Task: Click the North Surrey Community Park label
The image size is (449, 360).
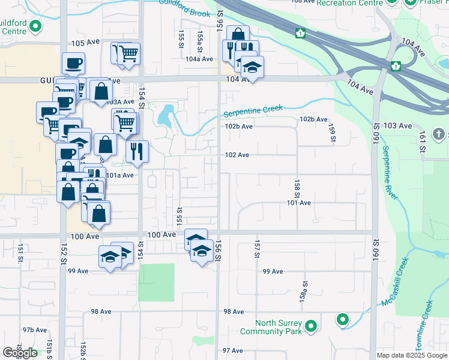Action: coord(271,327)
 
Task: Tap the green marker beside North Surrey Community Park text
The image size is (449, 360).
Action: coord(311,326)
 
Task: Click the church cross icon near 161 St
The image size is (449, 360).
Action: coord(439,134)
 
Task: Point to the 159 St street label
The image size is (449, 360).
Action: coord(331,133)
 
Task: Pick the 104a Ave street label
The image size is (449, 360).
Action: coord(199,59)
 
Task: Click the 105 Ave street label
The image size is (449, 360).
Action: coord(83,44)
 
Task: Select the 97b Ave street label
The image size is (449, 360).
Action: coord(35,330)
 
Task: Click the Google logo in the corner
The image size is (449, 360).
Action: coord(20,353)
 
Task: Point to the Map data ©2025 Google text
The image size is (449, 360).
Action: coord(412,355)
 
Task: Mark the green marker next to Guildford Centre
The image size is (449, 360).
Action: coord(35,26)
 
